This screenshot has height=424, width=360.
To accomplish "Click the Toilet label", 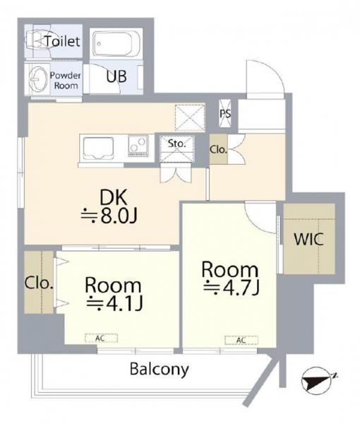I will [x=63, y=42].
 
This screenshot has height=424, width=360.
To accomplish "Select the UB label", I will [x=116, y=77].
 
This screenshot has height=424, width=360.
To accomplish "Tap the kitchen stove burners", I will [x=138, y=146].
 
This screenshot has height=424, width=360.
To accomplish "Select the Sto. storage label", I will [x=176, y=144].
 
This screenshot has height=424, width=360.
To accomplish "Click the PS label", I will [x=226, y=112].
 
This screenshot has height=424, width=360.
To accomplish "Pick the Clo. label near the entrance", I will [x=218, y=150].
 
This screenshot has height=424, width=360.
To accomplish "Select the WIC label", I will [x=308, y=238].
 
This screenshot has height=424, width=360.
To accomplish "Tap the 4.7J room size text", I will [x=230, y=288].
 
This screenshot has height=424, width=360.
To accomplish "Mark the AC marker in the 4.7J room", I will [x=240, y=341].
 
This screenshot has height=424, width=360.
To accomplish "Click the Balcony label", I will [x=159, y=368].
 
